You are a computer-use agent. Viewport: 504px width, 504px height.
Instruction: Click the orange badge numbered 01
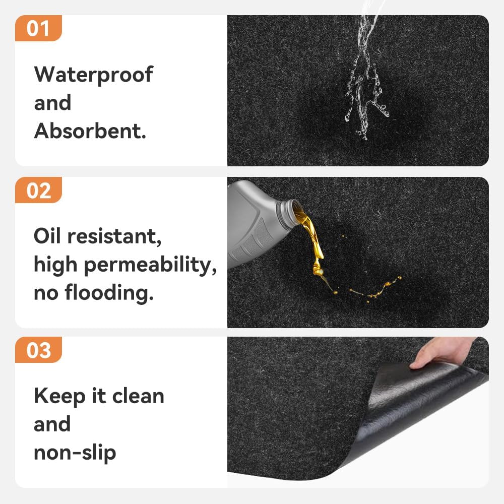tap(38, 28)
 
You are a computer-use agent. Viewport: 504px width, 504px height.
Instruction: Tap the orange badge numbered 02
tap(38, 190)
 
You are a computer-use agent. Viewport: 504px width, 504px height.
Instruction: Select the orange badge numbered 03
tap(38, 350)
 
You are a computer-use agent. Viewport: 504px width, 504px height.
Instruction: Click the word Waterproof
tap(93, 75)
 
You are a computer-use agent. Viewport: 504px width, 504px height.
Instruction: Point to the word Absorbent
tap(90, 131)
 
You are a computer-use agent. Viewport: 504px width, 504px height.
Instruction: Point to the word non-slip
tap(75, 452)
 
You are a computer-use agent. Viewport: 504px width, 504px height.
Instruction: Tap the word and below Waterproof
tap(52, 103)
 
